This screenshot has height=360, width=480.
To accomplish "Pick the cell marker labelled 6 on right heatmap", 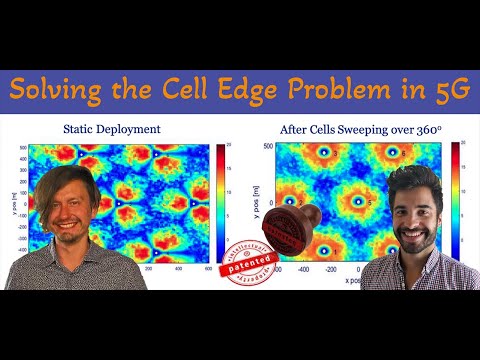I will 289,200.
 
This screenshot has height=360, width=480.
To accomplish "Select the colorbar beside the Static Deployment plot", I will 220,205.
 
